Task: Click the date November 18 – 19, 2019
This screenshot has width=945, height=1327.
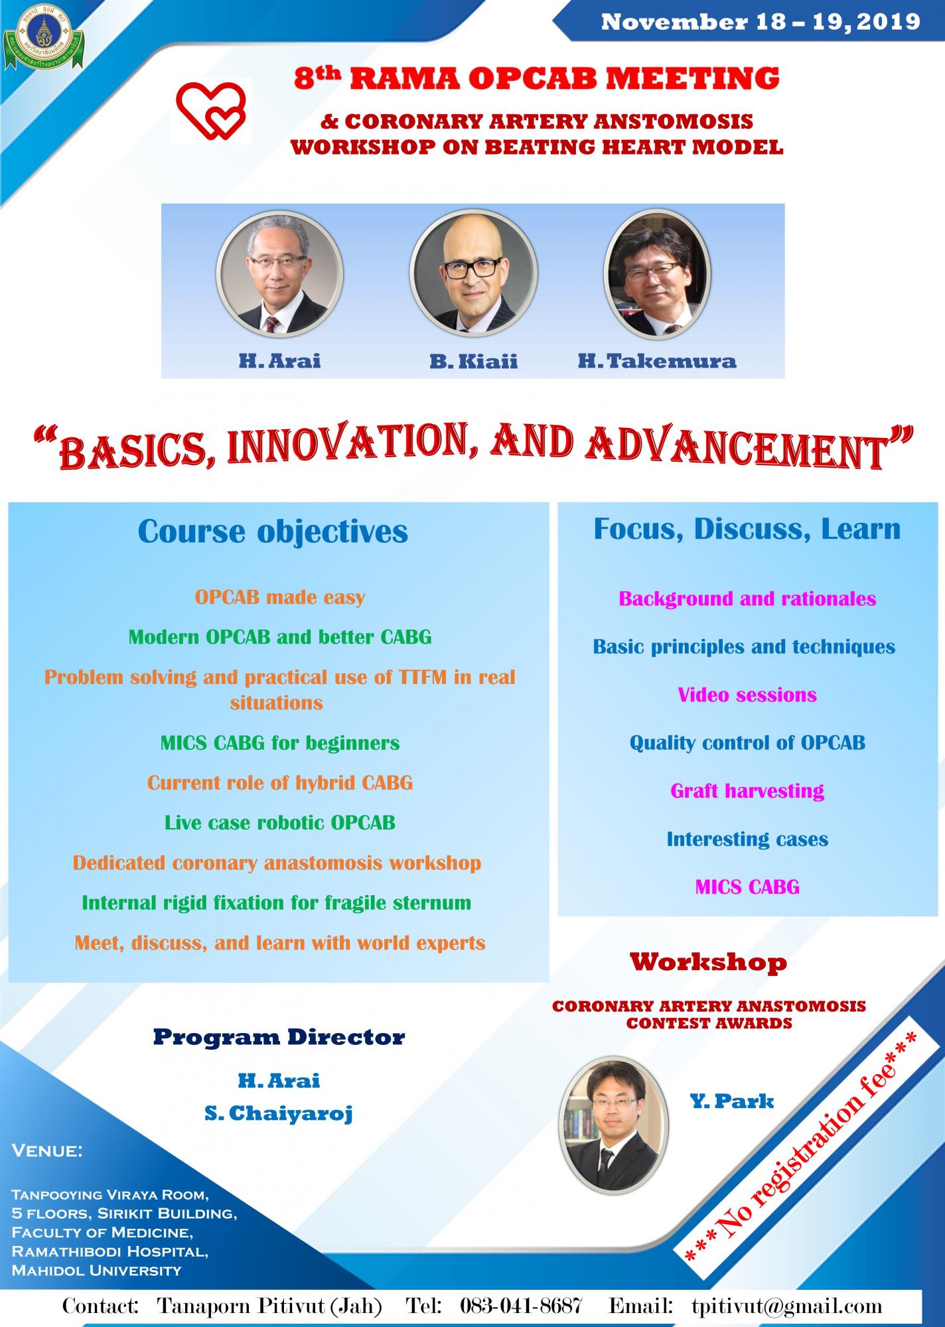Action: coord(761,22)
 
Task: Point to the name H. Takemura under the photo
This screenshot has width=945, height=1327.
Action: coord(657,361)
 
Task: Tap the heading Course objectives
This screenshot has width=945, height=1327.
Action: coord(273,532)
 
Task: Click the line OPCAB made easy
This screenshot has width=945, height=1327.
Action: coord(279,598)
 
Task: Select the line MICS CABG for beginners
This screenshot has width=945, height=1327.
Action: coord(279,743)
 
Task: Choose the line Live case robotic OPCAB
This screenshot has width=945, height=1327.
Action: coord(279,823)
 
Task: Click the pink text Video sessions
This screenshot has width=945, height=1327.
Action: coord(747,695)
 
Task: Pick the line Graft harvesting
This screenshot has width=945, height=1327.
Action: coord(747,792)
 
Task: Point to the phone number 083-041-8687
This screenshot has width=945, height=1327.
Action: coord(521,1306)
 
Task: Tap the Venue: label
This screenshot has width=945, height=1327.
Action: coord(47,1151)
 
